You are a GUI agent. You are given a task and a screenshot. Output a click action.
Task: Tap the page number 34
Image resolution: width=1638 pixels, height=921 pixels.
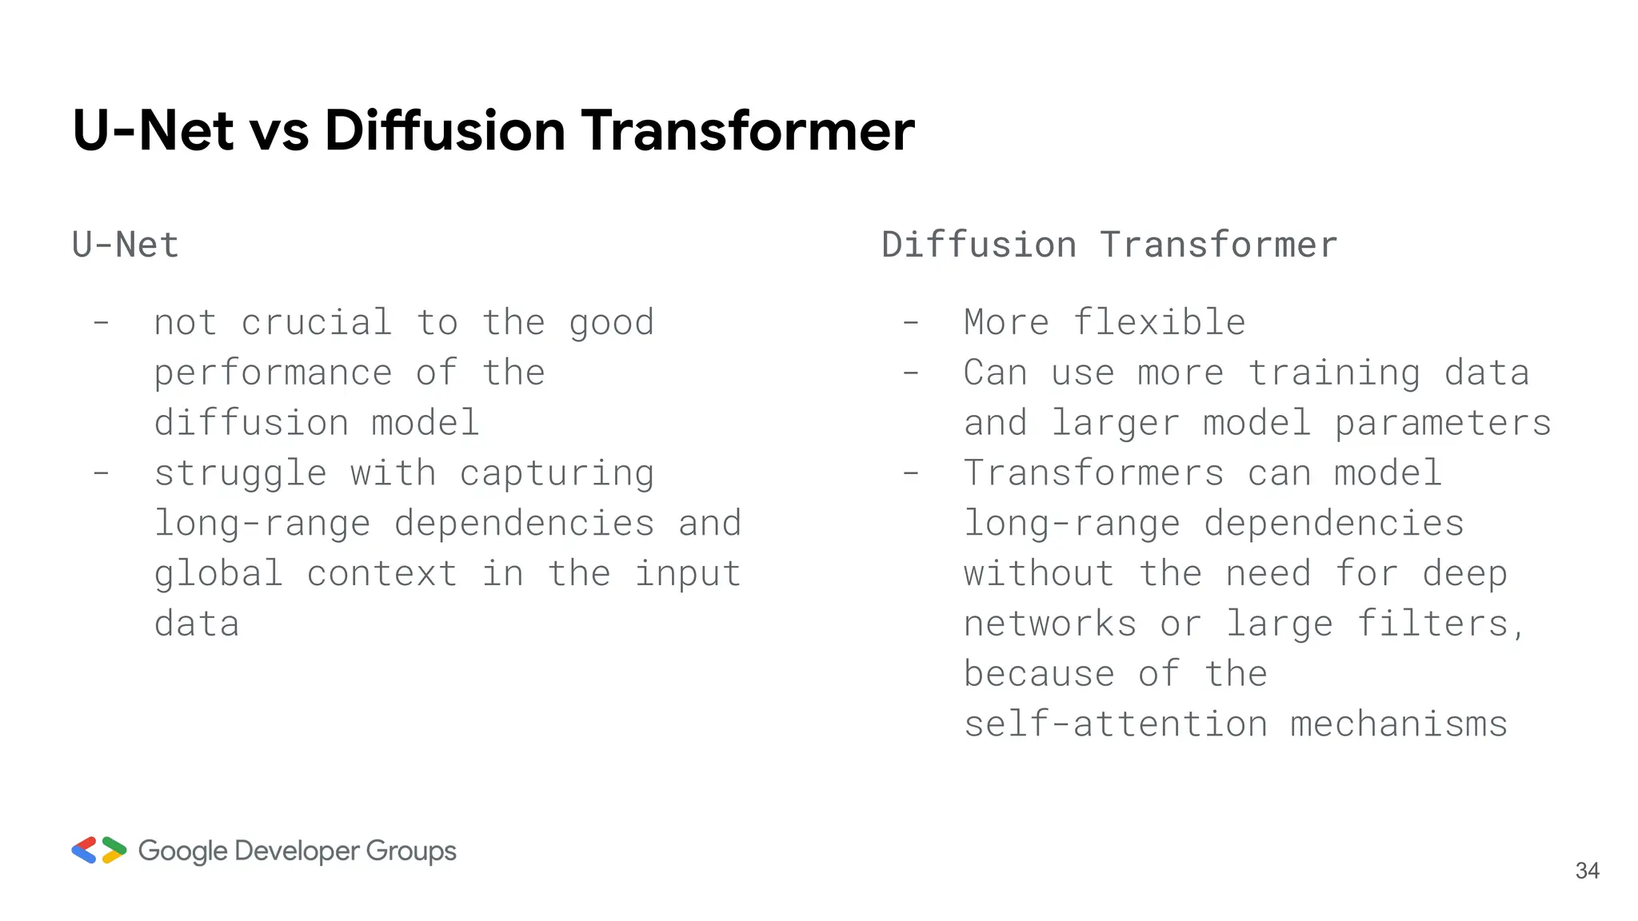tap(1587, 871)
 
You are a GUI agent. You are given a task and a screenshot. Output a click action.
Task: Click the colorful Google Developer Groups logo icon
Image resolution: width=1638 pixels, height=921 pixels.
tap(99, 850)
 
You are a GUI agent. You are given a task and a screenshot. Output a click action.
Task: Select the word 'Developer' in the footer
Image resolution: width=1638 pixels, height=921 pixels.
tap(296, 851)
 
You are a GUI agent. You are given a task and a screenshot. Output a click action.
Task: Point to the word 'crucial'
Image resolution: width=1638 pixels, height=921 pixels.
tap(317, 323)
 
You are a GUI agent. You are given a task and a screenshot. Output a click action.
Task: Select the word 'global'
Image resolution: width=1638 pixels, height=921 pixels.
tap(218, 574)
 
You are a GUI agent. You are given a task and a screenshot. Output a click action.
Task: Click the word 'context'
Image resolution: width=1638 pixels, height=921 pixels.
tap(382, 574)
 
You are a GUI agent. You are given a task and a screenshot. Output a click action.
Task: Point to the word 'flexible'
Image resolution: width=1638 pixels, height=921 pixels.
tap(1159, 323)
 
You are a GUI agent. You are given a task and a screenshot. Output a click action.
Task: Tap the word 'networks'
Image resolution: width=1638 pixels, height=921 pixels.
tap(1050, 624)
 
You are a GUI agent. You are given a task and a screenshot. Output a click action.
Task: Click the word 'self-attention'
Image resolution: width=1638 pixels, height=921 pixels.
tap(1116, 724)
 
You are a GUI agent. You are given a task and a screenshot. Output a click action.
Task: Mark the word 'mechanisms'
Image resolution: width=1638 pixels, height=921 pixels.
tap(1399, 724)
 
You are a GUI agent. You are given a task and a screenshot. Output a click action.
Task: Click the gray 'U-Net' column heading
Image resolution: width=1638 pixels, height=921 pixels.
tap(126, 245)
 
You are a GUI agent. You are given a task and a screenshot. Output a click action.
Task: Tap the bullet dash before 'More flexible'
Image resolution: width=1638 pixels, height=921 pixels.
tap(910, 323)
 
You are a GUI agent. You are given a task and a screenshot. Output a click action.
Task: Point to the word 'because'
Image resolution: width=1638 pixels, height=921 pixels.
tap(1039, 674)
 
